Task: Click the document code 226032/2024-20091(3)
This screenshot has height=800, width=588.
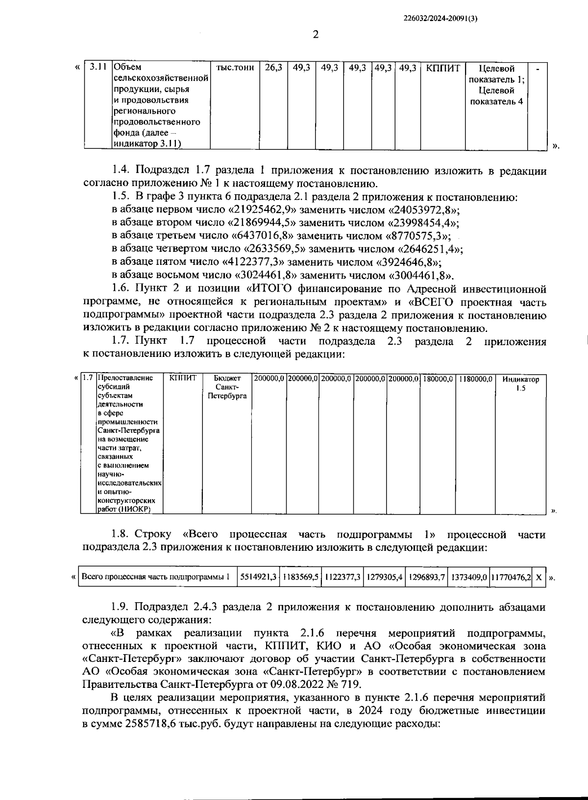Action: [x=441, y=18]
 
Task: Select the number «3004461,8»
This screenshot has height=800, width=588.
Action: [x=419, y=275]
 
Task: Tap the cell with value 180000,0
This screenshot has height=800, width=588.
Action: [x=438, y=378]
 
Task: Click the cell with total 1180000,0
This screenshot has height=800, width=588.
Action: [x=475, y=378]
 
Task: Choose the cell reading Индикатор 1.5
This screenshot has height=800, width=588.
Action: [x=520, y=383]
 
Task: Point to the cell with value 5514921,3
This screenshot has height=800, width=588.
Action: [x=258, y=577]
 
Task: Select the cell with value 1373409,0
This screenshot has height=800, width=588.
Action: [x=468, y=577]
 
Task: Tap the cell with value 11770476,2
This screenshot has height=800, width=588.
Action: [x=511, y=577]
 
